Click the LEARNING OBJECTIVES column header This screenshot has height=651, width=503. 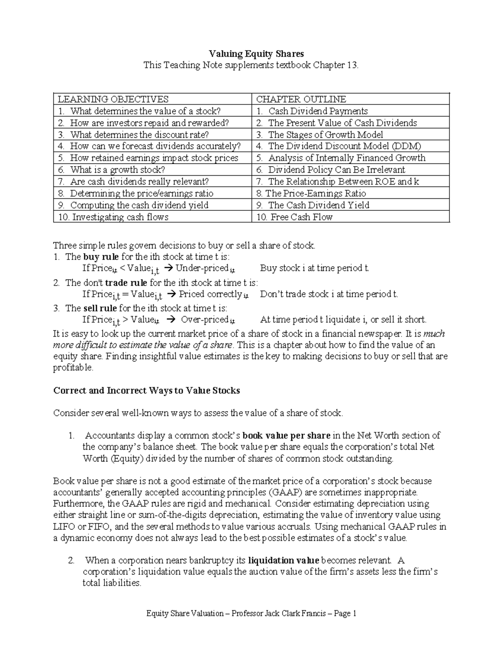113,99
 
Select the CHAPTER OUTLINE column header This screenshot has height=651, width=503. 301,99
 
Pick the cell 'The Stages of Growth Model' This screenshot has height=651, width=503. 325,135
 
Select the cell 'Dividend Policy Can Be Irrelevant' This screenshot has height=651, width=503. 336,170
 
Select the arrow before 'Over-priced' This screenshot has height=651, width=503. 171,320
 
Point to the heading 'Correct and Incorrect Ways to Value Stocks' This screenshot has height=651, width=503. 147,391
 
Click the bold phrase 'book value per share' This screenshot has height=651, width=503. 286,436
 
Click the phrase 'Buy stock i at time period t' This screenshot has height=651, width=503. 314,268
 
